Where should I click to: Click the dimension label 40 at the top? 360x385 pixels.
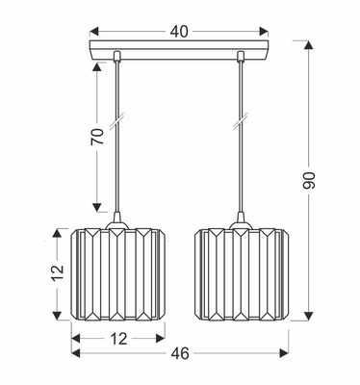178,31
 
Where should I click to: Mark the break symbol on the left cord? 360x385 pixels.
117,123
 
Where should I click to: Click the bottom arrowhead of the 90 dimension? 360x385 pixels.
309,318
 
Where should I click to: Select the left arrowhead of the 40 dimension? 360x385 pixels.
93,32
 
